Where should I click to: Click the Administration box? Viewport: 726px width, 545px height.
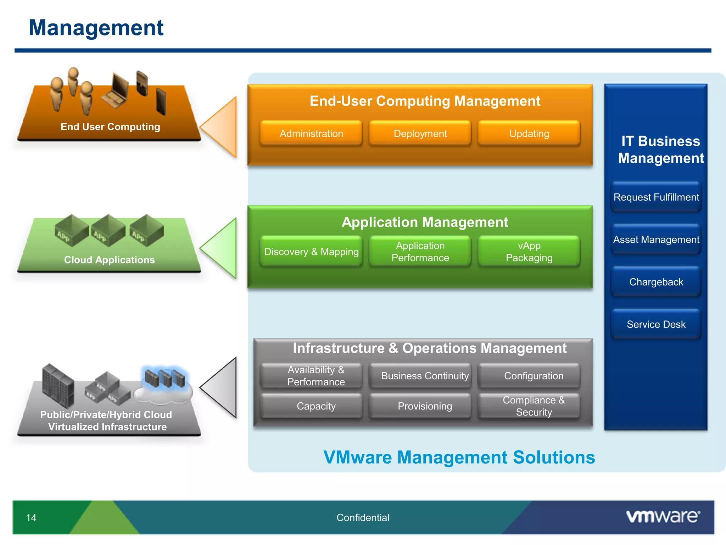point(311,133)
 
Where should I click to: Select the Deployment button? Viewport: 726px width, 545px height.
point(420,133)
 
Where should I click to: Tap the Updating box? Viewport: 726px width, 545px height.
point(529,133)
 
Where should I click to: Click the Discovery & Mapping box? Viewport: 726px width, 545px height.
point(311,252)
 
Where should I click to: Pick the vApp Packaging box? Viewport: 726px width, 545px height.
point(529,252)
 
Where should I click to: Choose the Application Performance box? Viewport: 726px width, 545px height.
point(420,252)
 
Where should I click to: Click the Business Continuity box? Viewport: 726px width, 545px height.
point(425,376)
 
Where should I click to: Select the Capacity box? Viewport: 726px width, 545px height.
point(316,406)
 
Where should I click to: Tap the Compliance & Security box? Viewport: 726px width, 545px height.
point(534,406)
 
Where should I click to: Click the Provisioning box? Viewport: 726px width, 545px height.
point(425,406)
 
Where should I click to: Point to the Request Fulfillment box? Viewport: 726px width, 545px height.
point(656,197)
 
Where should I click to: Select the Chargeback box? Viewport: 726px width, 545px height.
point(656,282)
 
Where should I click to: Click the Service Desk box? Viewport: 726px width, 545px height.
point(656,324)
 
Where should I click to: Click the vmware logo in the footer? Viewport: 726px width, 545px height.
point(663,517)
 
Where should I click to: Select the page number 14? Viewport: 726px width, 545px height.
point(31,518)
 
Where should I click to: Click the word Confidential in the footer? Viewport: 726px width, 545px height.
point(363,518)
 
